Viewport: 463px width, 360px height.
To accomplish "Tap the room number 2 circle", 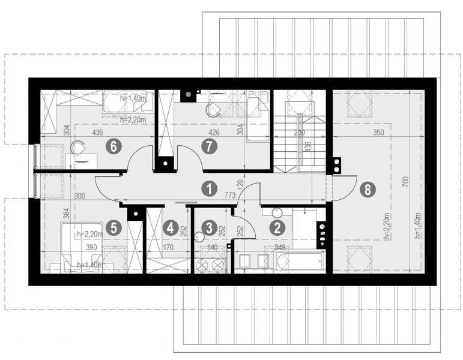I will point(277,227).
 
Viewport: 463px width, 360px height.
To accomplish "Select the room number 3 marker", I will point(209,227).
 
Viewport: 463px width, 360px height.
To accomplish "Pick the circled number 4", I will point(172,228).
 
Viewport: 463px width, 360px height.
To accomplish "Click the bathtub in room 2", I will point(299,262).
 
